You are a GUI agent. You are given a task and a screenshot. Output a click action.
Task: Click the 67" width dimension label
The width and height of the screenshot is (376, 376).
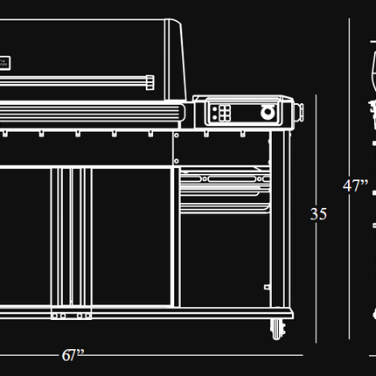pos(73,355)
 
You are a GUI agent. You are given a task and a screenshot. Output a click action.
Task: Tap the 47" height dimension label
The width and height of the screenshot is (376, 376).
pos(355,185)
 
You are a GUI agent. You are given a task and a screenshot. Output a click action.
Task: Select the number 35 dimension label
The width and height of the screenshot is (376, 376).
pos(318,214)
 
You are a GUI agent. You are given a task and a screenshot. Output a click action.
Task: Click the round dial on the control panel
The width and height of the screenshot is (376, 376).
pos(268,112)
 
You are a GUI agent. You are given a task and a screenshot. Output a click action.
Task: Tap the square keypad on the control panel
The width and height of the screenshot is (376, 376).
pos(225,113)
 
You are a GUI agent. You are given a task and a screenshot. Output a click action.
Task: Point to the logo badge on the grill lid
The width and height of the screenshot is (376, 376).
pos(5,63)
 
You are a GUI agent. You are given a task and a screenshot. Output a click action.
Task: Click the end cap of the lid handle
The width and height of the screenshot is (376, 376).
pos(150,82)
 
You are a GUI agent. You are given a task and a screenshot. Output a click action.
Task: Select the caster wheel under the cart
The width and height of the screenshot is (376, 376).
pos(278,330)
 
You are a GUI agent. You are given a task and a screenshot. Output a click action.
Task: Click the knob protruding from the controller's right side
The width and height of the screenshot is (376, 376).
pos(300,112)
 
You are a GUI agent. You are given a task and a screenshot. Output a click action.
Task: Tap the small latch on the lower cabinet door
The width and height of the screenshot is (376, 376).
pos(267,287)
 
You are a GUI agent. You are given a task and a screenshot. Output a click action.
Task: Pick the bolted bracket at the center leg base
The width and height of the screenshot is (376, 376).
pos(71,314)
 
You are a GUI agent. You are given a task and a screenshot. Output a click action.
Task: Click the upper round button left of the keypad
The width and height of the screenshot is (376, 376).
pos(215,109)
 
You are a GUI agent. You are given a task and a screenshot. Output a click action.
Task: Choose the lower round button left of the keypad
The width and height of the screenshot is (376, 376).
pos(215,117)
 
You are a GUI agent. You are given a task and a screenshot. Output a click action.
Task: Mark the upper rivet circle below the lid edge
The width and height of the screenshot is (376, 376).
pos(177,136)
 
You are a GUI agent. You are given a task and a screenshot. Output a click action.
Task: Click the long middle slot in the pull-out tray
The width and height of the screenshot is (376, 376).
pos(232,178)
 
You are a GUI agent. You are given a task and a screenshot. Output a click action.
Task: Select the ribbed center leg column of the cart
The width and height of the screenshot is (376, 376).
pos(71,238)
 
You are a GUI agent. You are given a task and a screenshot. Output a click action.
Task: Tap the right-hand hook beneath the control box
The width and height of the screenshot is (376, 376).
pos(242,134)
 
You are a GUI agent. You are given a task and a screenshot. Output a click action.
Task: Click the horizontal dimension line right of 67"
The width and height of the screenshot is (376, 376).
pos(194,355)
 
